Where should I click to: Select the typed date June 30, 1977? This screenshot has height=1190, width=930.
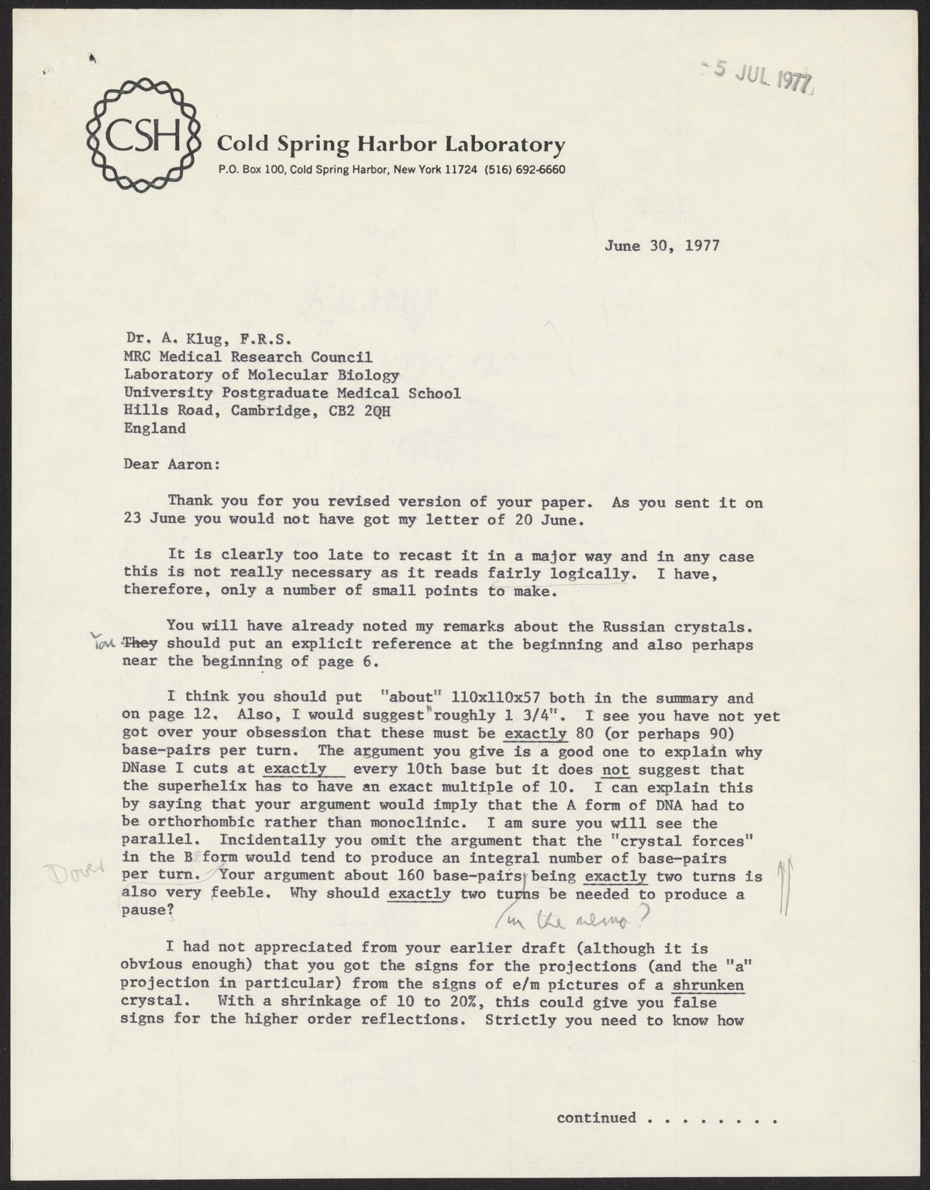(x=662, y=246)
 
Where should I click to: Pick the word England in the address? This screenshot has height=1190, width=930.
(x=155, y=428)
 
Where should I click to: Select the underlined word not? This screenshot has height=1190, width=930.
(x=615, y=770)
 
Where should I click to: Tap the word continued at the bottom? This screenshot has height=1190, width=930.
(x=596, y=1118)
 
